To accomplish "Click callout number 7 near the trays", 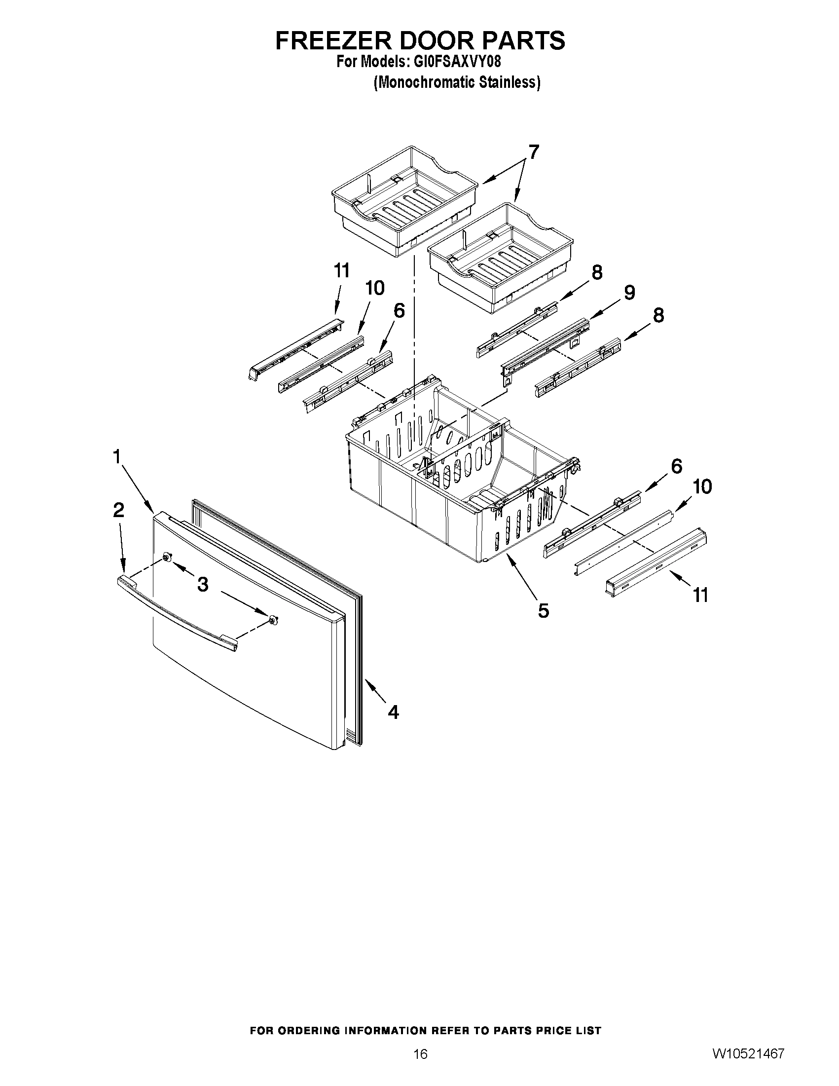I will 533,152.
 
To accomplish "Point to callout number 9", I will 629,293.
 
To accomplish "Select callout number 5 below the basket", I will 543,610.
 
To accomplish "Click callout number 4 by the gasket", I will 393,712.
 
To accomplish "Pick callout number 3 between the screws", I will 202,585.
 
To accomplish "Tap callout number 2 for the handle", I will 118,510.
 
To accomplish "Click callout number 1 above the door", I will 117,456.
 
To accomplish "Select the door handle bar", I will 177,613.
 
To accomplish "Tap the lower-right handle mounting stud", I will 273,620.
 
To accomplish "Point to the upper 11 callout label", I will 341,271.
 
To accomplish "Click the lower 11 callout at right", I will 700,595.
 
